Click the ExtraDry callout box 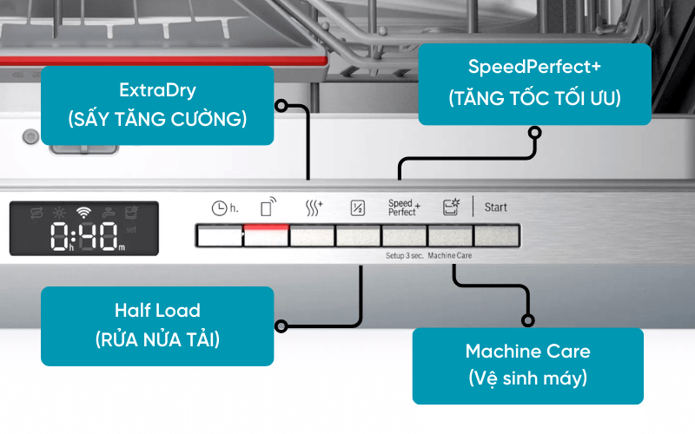157,105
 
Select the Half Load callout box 157,325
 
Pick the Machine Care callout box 527,365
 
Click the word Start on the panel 495,207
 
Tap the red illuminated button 265,234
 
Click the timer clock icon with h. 223,208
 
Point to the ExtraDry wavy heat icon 314,207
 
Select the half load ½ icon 357,207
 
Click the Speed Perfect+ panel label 403,207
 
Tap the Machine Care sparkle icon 450,207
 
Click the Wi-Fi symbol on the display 83,212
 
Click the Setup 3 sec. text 404,258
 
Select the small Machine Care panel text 450,258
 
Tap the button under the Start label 496,235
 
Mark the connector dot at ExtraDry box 280,105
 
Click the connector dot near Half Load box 280,326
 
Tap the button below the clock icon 219,235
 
